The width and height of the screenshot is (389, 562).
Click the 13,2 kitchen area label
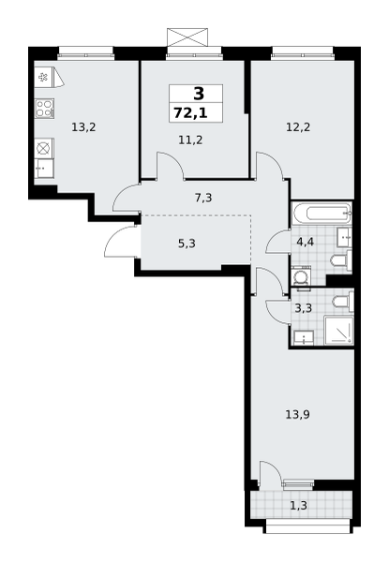83,127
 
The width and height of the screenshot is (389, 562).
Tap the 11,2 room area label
190,140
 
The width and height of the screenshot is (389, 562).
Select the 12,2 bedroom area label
298,127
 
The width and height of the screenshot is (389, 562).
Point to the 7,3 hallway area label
203,198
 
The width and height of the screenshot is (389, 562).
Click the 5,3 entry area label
187,244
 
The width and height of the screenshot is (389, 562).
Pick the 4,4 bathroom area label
305,242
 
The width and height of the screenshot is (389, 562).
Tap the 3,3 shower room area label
304,308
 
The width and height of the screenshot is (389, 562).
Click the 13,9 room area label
297,415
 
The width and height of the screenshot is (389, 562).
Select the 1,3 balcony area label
298,506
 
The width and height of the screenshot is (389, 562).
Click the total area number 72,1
190,113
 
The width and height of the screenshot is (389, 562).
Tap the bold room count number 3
199,94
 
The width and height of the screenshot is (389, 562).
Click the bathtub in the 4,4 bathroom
322,214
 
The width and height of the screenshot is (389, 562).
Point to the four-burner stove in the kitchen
44,109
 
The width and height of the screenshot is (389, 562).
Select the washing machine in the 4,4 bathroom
300,276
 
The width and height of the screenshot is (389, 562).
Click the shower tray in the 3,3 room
338,330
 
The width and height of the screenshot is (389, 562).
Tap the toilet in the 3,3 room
343,301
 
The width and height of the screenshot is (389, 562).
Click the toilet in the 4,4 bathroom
341,259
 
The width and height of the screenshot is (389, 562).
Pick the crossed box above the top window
187,37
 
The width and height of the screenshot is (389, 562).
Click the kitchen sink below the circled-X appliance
44,168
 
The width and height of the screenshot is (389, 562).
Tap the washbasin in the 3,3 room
304,338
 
